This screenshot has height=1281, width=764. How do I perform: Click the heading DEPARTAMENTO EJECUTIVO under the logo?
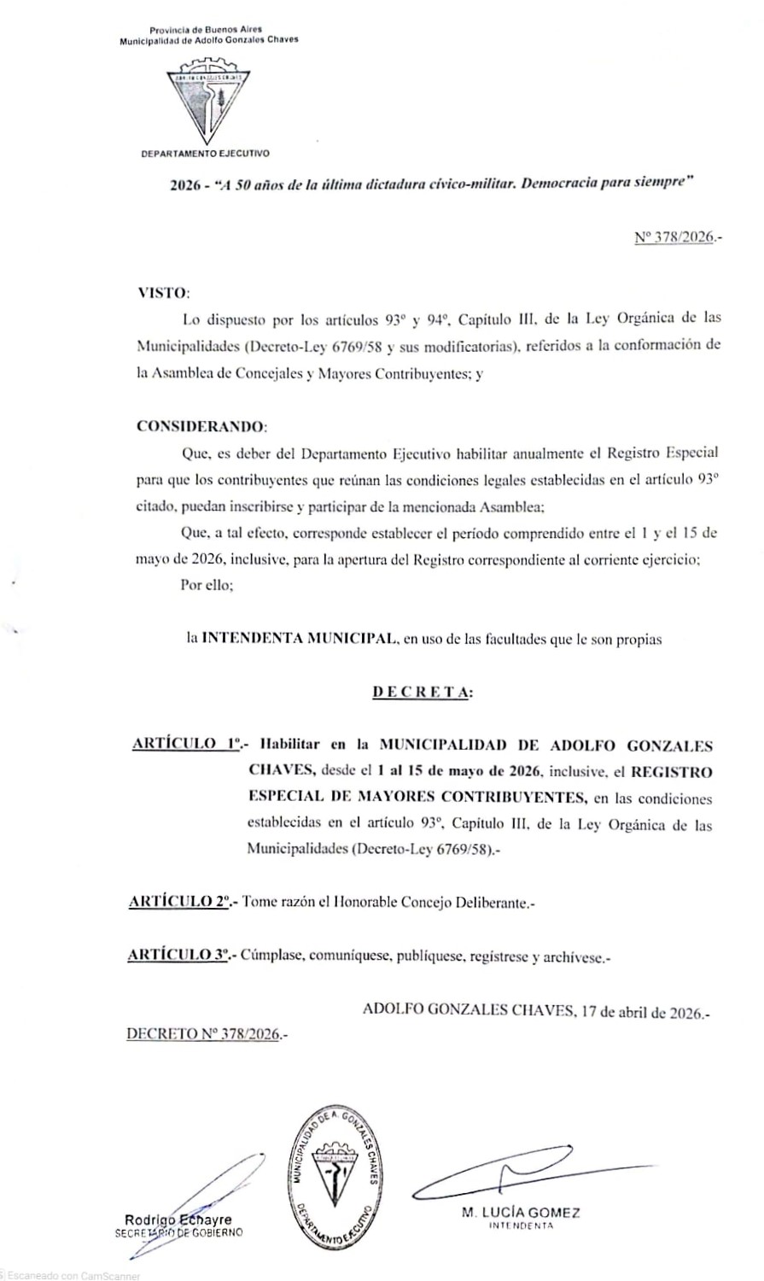pos(206,155)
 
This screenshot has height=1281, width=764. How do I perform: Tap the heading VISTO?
pos(161,293)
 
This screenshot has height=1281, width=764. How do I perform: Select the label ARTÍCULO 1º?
pos(185,744)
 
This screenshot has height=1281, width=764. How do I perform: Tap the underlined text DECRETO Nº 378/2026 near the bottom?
pos(204,1034)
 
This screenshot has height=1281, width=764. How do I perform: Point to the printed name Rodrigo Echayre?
pos(178,1220)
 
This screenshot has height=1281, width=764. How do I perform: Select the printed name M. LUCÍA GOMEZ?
pos(521,1213)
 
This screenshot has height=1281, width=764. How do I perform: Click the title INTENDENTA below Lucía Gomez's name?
pos(521,1226)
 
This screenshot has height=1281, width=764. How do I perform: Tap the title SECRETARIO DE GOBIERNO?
pos(178,1232)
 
